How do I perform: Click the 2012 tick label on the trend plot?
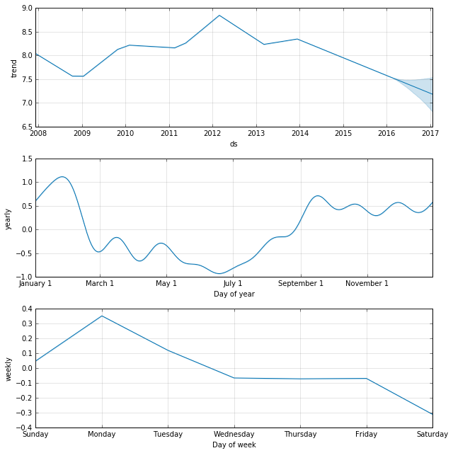tap(212, 133)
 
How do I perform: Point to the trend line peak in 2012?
tap(219, 16)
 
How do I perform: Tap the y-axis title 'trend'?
tap(14, 68)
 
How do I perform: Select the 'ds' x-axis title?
tap(234, 144)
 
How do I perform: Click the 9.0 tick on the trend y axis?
tap(26, 8)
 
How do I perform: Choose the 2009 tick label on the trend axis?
tap(82, 133)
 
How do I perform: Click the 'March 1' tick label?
tap(100, 284)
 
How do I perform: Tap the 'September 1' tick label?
tap(301, 284)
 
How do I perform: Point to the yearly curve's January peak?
tap(62, 177)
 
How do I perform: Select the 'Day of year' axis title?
tap(234, 294)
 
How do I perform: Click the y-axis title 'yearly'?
tap(8, 218)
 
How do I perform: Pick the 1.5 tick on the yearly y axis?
tap(26, 159)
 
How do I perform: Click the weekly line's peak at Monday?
tap(102, 316)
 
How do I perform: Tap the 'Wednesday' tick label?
tap(234, 434)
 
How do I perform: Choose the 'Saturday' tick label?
tap(432, 434)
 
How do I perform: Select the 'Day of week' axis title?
tap(234, 445)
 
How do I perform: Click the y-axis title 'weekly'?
tap(8, 369)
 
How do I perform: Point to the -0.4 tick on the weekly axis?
tap(24, 428)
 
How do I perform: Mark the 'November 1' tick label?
tap(367, 284)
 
